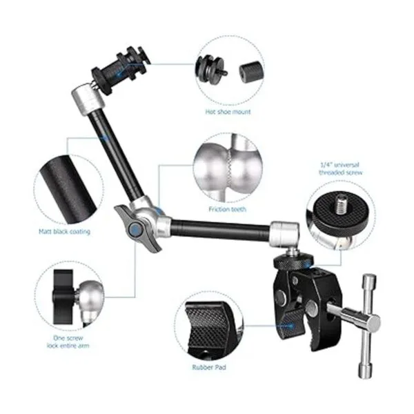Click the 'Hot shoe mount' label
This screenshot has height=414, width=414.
pyautogui.click(x=228, y=112)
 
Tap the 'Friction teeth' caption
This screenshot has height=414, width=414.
pyautogui.click(x=227, y=209)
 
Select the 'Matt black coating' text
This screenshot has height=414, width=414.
pyautogui.click(x=64, y=232)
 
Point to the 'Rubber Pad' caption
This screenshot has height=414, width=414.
pyautogui.click(x=209, y=367)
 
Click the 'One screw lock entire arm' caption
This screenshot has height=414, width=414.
pyautogui.click(x=68, y=342)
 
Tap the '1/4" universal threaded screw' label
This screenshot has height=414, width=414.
pyautogui.click(x=341, y=169)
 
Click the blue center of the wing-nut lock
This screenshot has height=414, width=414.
pyautogui.click(x=135, y=230)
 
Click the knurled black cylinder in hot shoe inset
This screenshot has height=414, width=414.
pyautogui.click(x=252, y=72)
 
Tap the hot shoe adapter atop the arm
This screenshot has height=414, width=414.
pyautogui.click(x=121, y=70)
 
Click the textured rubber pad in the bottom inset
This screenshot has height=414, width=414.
pyautogui.click(x=209, y=327)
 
